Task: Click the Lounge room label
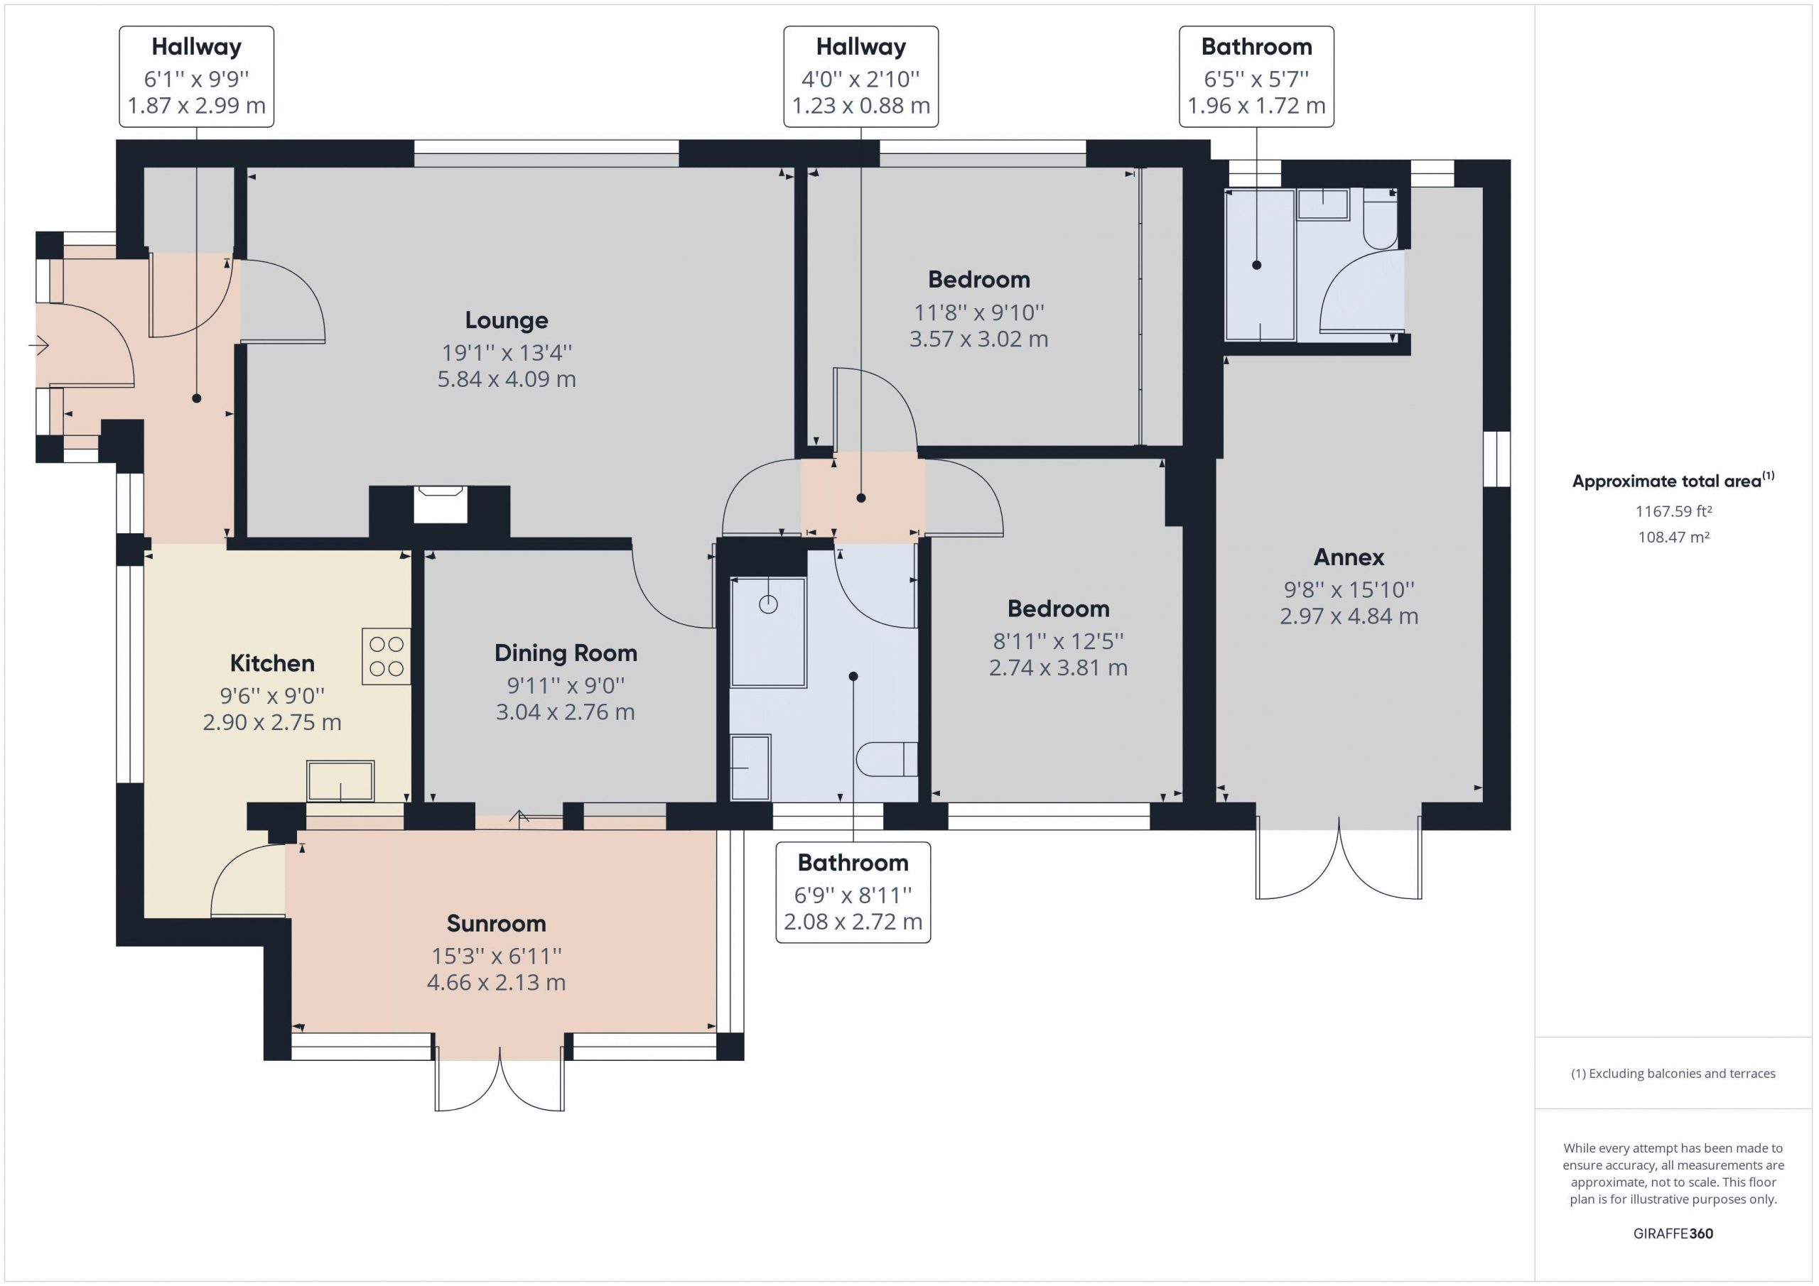pyautogui.click(x=506, y=320)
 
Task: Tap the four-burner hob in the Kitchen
pyautogui.click(x=387, y=656)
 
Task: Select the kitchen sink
pyautogui.click(x=340, y=781)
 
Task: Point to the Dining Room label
pyautogui.click(x=566, y=653)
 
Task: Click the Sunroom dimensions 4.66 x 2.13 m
pyautogui.click(x=496, y=983)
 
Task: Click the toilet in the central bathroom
pyautogui.click(x=887, y=759)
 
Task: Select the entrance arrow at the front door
pyautogui.click(x=39, y=345)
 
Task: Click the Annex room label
pyautogui.click(x=1349, y=557)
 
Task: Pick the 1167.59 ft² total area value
pyautogui.click(x=1673, y=511)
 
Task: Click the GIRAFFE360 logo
pyautogui.click(x=1673, y=1233)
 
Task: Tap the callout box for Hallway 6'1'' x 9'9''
pyautogui.click(x=197, y=77)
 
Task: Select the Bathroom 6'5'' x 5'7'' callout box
pyautogui.click(x=1256, y=77)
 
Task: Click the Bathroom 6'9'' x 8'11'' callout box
pyautogui.click(x=853, y=893)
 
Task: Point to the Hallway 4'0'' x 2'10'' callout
pyautogui.click(x=861, y=77)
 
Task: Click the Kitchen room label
pyautogui.click(x=271, y=663)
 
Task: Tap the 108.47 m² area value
pyautogui.click(x=1673, y=537)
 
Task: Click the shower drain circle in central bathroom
pyautogui.click(x=767, y=604)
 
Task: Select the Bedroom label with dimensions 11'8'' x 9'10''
pyautogui.click(x=978, y=280)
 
